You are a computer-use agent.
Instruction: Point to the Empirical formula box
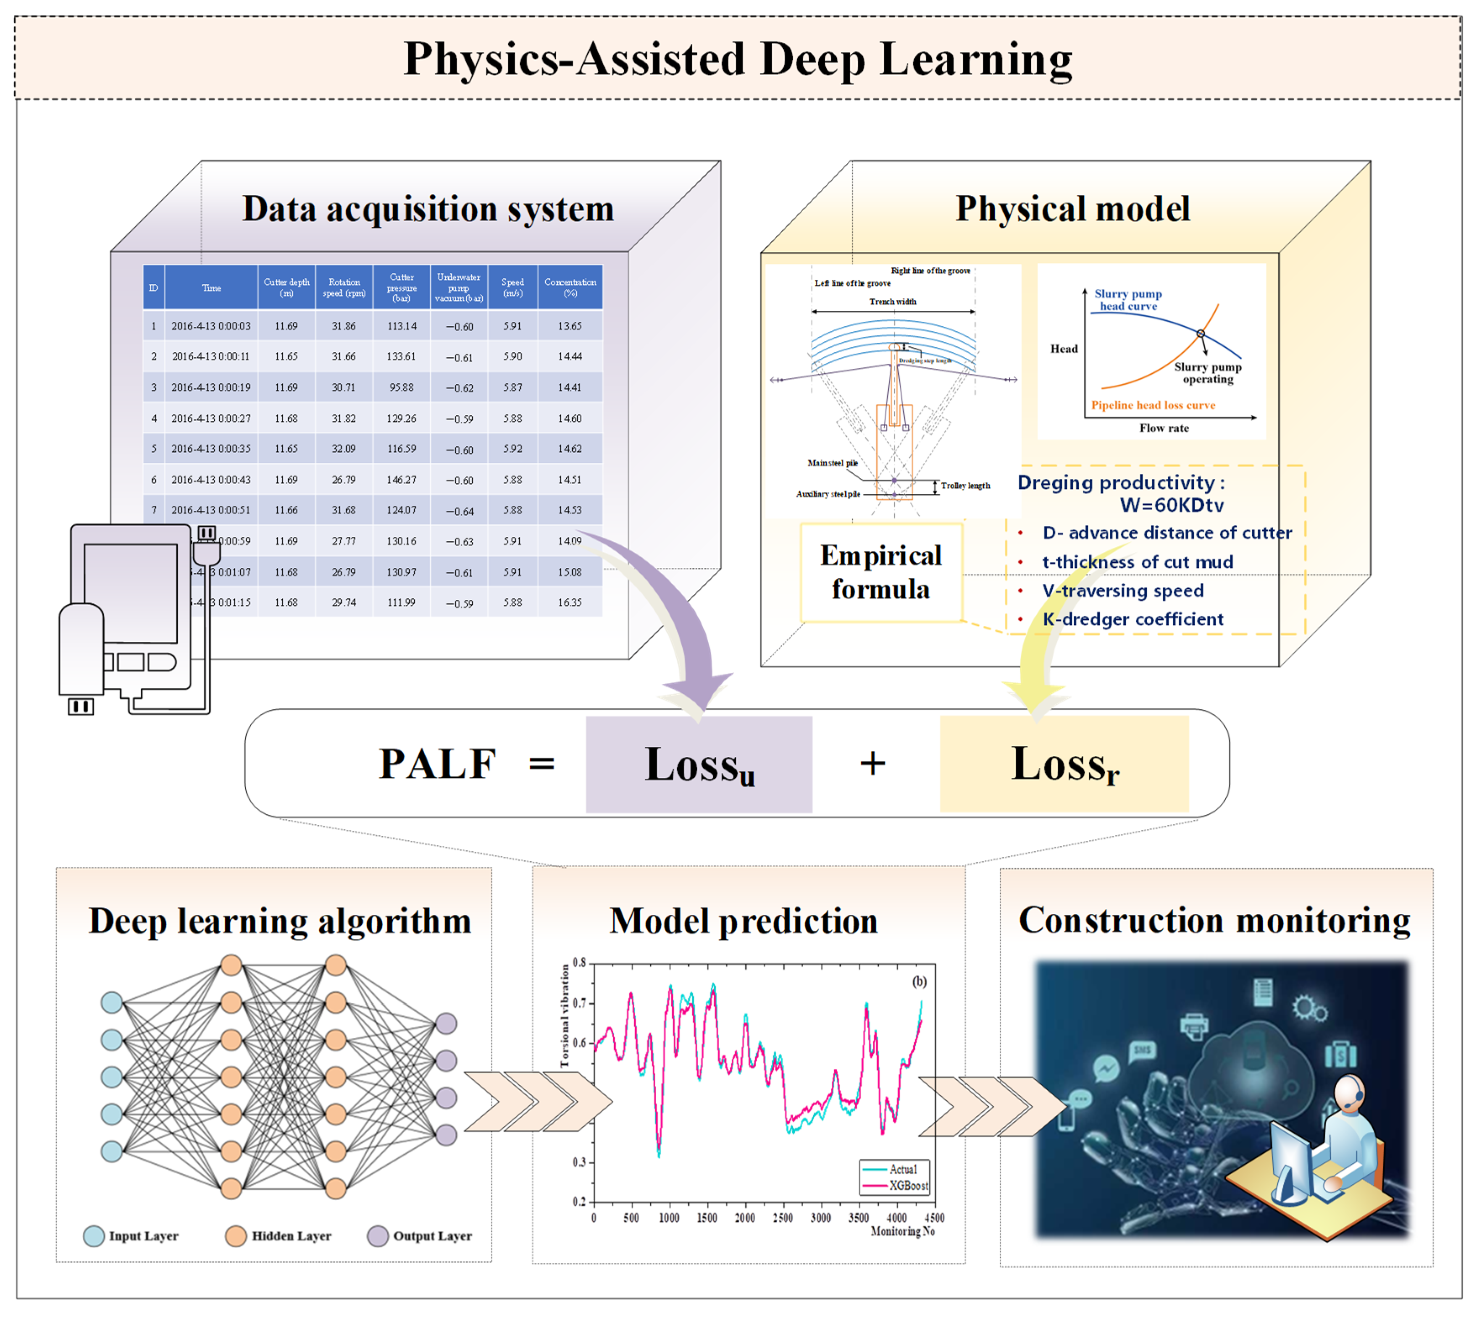click(x=880, y=572)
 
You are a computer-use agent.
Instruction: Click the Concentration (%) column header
click(x=570, y=287)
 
